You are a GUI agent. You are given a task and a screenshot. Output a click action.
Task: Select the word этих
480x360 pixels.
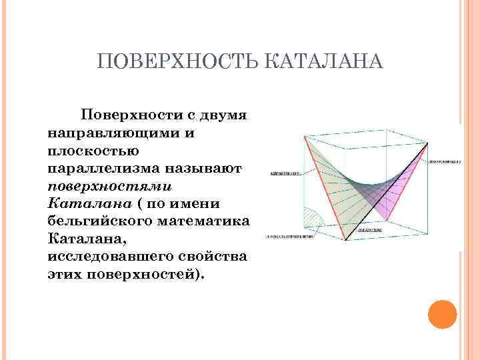click(x=65, y=273)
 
